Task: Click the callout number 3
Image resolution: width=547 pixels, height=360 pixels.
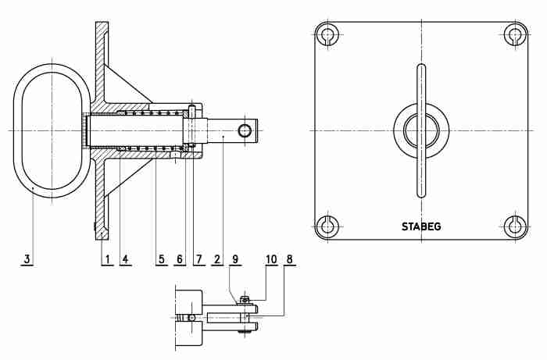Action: click(27, 259)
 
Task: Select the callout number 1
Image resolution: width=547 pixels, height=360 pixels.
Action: click(108, 259)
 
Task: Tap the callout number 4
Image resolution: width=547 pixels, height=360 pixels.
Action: click(125, 259)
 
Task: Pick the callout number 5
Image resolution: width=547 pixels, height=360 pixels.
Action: click(161, 259)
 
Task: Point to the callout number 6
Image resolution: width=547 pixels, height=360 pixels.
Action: click(179, 259)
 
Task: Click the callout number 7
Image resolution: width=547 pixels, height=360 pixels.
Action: click(198, 259)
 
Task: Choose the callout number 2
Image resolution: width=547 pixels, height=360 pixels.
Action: click(217, 259)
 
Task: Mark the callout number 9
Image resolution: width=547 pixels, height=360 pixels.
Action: click(235, 259)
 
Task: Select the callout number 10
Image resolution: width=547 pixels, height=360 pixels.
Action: click(271, 259)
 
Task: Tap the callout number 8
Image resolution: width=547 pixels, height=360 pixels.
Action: click(289, 259)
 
